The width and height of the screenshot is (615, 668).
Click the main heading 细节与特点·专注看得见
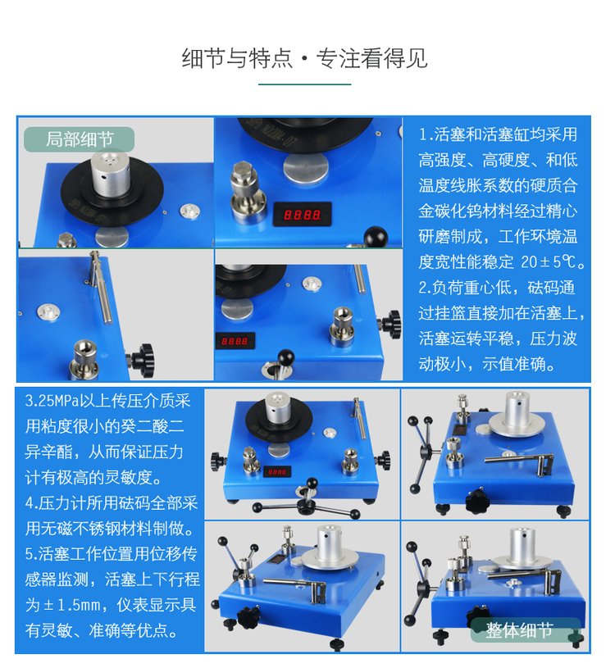[x=304, y=58]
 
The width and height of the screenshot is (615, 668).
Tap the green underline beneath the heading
[x=304, y=84]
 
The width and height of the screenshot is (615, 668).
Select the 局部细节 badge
[x=80, y=139]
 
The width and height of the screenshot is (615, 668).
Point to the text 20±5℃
[x=553, y=261]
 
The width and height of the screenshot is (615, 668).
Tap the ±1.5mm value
[x=71, y=605]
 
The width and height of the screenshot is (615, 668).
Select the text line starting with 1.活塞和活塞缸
[x=498, y=134]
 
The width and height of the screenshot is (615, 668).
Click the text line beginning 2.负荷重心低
[x=497, y=288]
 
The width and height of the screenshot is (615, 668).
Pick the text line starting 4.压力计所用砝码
[x=112, y=503]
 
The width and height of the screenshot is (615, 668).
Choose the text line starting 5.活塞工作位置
[x=112, y=554]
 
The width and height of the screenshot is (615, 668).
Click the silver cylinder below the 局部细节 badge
[x=110, y=174]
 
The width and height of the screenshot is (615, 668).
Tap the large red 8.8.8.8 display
[x=303, y=214]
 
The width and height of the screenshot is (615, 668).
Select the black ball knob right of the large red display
[x=376, y=236]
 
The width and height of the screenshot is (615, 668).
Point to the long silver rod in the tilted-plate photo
[x=101, y=288]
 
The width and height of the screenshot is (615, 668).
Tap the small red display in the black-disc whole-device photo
[x=277, y=471]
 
